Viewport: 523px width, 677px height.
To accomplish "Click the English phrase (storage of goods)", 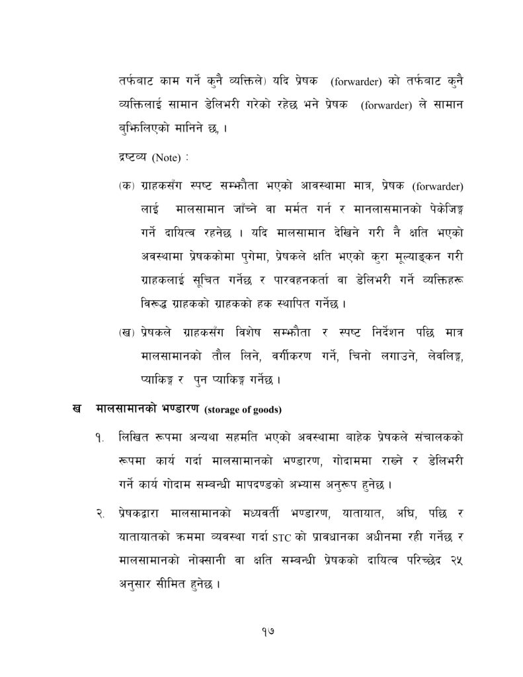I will coord(244,410).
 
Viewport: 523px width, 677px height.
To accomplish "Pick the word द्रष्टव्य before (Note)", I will coord(130,158).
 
